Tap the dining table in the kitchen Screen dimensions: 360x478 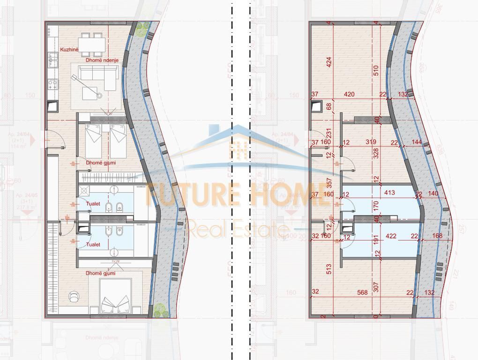coord(91,44)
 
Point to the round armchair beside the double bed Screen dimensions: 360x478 coord(74,296)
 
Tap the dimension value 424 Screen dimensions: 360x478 coord(329,62)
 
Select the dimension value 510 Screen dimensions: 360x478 coord(376,70)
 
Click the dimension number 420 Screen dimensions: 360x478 coord(349,95)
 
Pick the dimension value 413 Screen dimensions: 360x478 coord(389,193)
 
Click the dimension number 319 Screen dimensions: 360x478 coord(371,142)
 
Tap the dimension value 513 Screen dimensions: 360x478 coord(329,269)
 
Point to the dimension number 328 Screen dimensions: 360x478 coord(376,155)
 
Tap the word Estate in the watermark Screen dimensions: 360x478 coord(263,230)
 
